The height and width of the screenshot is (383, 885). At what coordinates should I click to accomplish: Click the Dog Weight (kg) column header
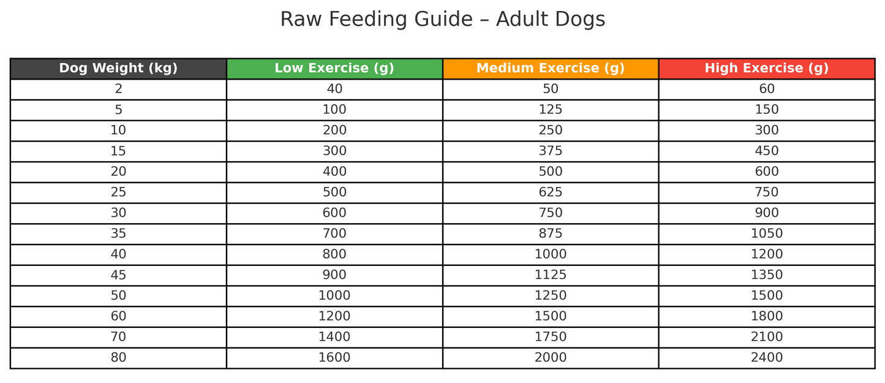118,69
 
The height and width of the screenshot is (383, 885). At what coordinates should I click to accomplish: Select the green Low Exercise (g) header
334,69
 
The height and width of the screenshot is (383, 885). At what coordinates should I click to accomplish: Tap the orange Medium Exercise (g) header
551,69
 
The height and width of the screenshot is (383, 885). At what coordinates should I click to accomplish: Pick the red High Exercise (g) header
767,69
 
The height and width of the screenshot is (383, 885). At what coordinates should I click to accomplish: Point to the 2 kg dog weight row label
118,89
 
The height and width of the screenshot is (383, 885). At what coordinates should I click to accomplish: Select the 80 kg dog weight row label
118,358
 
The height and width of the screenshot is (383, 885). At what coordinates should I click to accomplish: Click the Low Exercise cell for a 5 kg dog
334,110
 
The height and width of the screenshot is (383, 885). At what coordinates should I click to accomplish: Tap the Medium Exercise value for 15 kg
551,151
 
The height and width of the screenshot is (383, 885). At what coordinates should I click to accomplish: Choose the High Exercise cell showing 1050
767,234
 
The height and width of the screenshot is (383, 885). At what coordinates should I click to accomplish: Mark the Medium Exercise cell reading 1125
551,275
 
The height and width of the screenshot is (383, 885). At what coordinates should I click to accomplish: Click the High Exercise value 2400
767,358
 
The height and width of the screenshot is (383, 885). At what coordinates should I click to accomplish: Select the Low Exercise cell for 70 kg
334,337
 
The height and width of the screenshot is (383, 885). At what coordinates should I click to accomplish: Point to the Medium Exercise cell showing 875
551,234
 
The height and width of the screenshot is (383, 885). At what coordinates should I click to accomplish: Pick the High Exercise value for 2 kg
767,89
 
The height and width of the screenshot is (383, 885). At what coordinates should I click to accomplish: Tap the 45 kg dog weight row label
118,275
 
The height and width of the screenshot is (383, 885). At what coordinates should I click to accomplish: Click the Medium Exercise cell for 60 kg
551,316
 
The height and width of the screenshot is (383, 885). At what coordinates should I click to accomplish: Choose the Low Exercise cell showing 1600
334,358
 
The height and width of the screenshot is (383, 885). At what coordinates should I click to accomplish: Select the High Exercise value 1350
767,275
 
